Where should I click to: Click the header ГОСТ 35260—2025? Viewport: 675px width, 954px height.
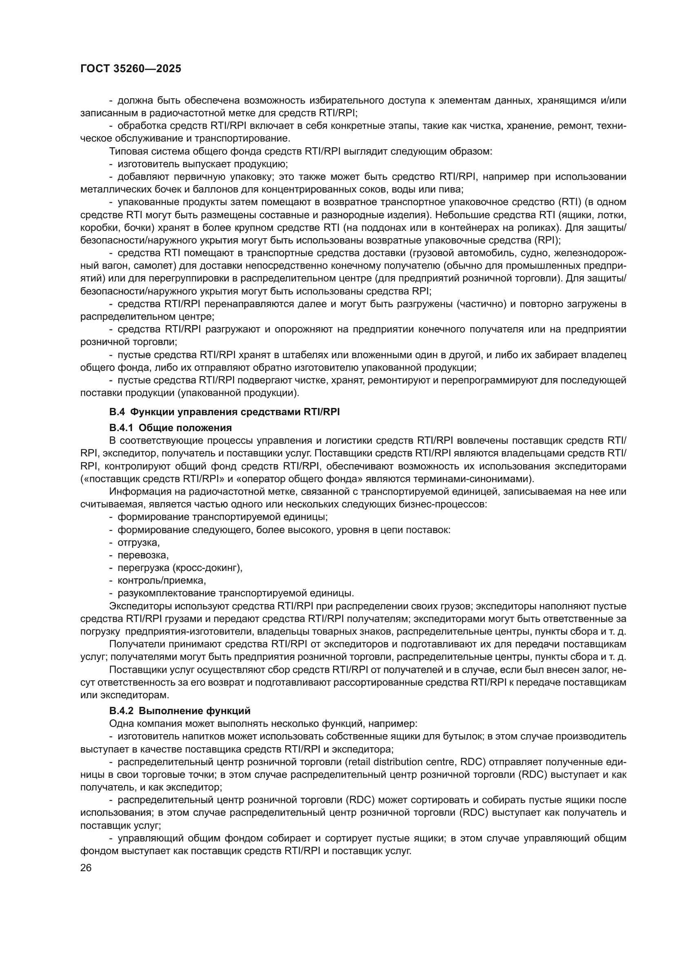coord(131,69)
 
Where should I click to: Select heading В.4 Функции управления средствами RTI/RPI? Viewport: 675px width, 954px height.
coord(224,412)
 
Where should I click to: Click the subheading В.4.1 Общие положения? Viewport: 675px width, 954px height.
coord(171,427)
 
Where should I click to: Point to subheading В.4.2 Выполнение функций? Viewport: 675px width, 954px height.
coord(180,711)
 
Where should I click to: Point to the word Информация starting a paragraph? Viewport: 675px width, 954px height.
coord(135,491)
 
